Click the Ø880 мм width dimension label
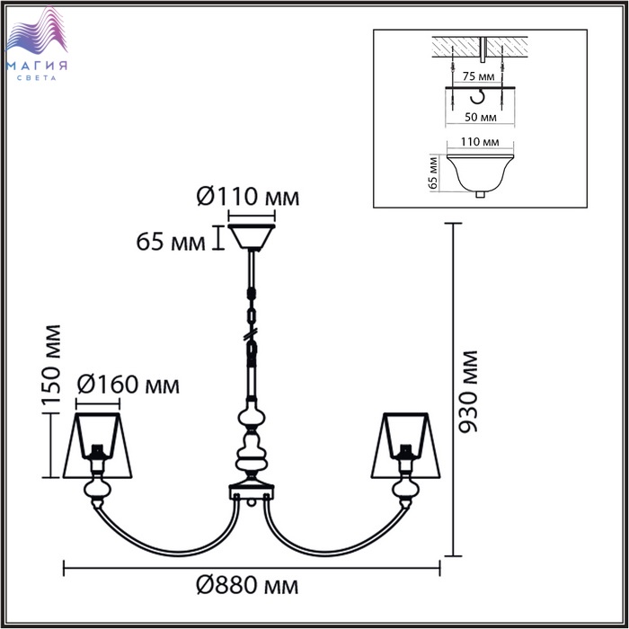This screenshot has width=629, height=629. click(x=247, y=586)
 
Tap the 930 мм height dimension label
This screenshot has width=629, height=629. click(x=468, y=392)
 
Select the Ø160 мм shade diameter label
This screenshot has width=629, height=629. click(x=128, y=385)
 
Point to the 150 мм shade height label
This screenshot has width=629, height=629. click(x=51, y=369)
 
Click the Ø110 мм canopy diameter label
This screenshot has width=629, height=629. click(x=248, y=197)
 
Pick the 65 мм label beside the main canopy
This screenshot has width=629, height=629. click(x=171, y=242)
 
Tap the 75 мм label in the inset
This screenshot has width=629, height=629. click(x=478, y=75)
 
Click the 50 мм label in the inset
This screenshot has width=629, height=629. click(x=480, y=117)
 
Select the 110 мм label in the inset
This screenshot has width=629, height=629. click(x=480, y=142)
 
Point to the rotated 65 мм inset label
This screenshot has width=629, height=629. click(x=433, y=173)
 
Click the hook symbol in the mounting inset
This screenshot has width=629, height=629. click(x=478, y=95)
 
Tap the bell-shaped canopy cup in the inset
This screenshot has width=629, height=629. click(x=480, y=174)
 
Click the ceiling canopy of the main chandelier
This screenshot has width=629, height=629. click(x=252, y=237)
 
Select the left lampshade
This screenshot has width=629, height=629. click(x=97, y=446)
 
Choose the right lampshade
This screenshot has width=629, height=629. click(x=405, y=446)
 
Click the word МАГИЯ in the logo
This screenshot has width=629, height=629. click(x=37, y=66)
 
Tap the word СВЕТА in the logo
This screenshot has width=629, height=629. click(x=37, y=78)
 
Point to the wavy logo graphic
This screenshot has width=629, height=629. click(x=37, y=32)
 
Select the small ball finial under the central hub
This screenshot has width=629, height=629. click(x=252, y=501)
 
